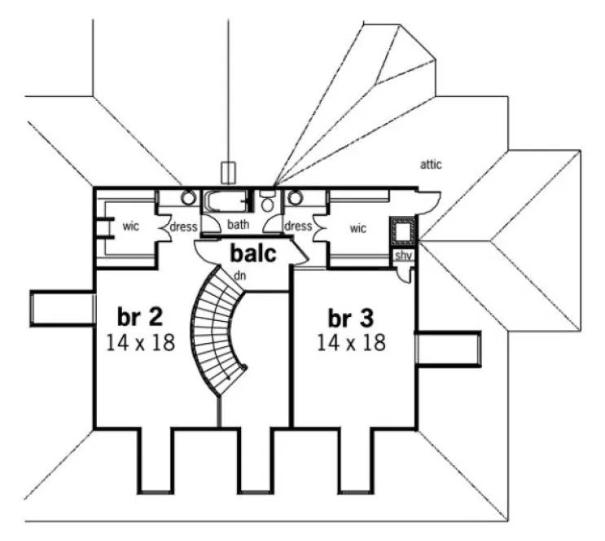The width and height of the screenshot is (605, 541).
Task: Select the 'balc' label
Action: pos(252,253)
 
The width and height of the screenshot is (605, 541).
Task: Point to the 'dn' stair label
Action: pos(240,276)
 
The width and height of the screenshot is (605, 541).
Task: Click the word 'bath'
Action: pos(238,225)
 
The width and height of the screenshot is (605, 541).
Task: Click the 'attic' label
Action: pos(431,165)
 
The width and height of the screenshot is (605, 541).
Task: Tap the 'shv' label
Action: pos(402,256)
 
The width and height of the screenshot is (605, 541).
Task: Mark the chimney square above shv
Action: pos(402,231)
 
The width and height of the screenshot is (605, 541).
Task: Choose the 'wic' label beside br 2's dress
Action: pos(131,226)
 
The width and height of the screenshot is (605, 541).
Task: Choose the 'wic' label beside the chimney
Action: pos(357,228)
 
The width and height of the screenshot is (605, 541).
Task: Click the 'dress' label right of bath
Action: pos(298,226)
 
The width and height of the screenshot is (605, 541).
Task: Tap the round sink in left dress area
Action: pos(188,198)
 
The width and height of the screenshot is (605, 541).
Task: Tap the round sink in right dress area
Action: pos(296,198)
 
